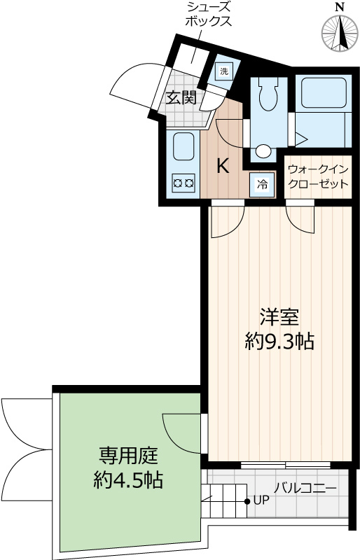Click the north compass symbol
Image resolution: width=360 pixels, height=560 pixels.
pos(340,32)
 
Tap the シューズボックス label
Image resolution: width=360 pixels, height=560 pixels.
pos(208,14)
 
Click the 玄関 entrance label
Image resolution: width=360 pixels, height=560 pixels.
pos(181,97)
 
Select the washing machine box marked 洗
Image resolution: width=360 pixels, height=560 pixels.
pos(224,70)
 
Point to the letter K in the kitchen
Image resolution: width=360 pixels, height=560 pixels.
pos(222,167)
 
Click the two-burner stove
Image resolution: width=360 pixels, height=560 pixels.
pos(184,183)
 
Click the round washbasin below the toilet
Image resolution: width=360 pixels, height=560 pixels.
pos(263,150)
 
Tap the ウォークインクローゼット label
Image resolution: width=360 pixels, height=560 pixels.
pos(318,177)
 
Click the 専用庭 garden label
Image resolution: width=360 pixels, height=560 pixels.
pos(128,457)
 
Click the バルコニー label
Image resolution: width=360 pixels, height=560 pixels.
pos(305,488)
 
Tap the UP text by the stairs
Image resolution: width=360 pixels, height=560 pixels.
pos(261,500)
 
